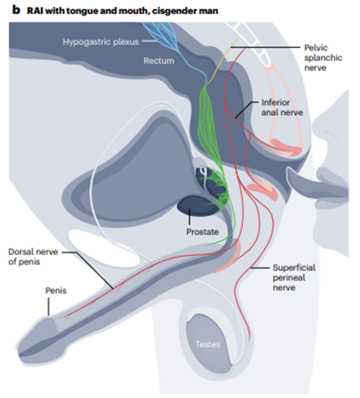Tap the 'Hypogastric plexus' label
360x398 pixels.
click(100, 41)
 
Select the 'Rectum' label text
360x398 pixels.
click(158, 61)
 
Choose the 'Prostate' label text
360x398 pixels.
click(202, 232)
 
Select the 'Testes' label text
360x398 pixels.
click(208, 344)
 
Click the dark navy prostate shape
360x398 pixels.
click(191, 205)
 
